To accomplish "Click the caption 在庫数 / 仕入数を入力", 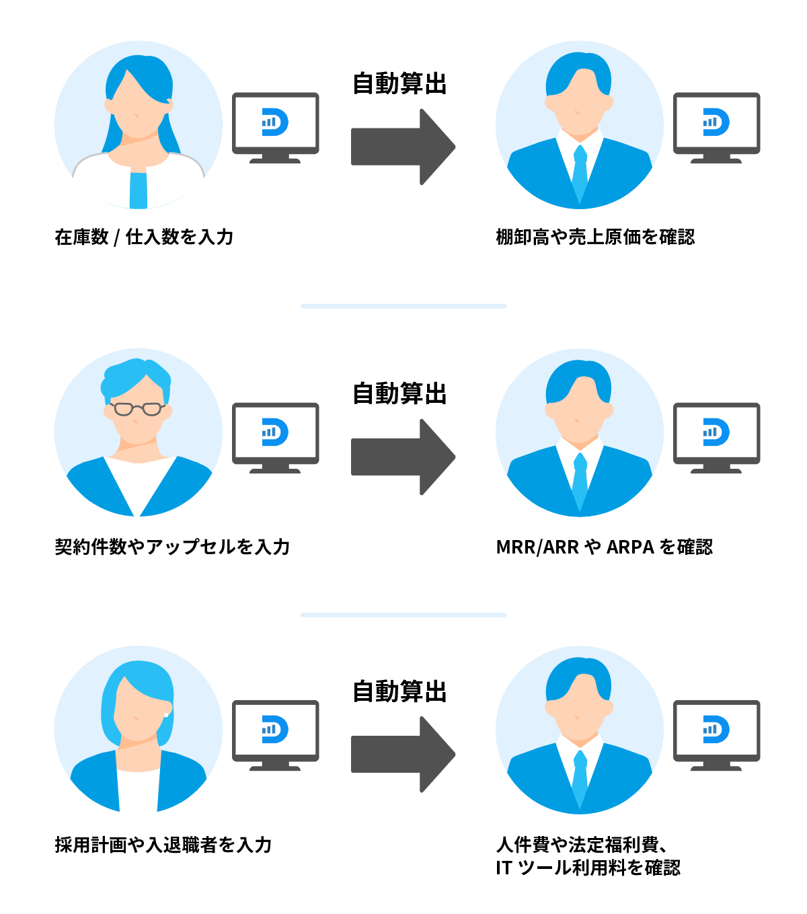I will point(144,237).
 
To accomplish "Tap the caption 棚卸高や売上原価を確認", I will point(595,237).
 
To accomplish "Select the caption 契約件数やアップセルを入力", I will point(172,547).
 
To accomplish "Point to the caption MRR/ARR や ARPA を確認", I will point(604,547).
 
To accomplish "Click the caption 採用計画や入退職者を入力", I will point(163,845).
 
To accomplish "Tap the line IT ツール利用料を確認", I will point(588,868).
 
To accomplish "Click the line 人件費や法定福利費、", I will point(582,845).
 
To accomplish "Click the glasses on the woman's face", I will point(137,408).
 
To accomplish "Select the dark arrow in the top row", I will point(403,147).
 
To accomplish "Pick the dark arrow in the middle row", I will point(403,457).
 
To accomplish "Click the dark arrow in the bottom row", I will point(403,754).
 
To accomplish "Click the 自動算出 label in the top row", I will point(400,84).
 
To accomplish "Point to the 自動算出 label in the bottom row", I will point(400,691).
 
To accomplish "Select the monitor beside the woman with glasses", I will point(276,437).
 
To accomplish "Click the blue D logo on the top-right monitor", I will point(716,122).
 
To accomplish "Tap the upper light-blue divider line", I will point(403,306).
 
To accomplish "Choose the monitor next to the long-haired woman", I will point(276,128).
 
